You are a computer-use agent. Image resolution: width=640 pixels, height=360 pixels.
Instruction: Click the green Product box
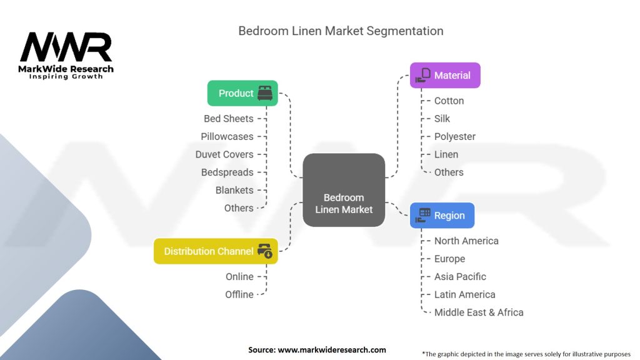[x=242, y=93]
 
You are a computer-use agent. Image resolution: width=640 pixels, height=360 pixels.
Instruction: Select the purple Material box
[x=445, y=75]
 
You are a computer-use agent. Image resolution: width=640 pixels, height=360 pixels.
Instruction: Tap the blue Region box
[x=442, y=215]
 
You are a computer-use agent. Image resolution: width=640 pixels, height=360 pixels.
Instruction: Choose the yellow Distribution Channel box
[x=216, y=251]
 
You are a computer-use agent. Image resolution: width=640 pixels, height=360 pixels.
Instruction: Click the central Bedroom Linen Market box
[x=344, y=190]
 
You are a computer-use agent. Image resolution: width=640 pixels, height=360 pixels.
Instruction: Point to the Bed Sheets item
[x=229, y=119]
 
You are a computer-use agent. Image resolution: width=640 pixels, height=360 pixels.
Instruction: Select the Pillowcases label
[x=227, y=137]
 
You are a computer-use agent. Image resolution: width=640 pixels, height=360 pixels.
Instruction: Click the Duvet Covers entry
[x=224, y=154]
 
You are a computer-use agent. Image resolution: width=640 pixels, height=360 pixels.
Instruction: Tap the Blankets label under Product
[x=234, y=190]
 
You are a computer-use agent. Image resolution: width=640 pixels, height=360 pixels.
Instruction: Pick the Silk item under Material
[x=442, y=119]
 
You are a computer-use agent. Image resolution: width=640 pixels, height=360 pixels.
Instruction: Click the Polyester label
[x=455, y=137]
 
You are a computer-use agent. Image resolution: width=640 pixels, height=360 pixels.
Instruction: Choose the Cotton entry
[x=449, y=101]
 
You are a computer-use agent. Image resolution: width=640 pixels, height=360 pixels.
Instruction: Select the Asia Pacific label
[x=460, y=277]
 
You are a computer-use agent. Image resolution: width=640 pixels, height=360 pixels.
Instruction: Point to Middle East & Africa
[x=479, y=312]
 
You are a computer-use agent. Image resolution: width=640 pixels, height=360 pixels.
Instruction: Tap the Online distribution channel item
[x=239, y=277]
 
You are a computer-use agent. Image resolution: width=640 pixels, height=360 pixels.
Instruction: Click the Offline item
[x=239, y=295]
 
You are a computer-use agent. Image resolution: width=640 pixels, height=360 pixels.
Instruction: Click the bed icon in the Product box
[x=265, y=93]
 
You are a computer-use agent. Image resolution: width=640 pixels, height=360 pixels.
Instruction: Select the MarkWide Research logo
[x=66, y=56]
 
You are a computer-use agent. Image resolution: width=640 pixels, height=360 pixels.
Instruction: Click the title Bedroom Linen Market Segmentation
[x=341, y=31]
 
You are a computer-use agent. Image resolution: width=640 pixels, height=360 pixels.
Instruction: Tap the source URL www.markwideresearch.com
[x=332, y=350]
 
